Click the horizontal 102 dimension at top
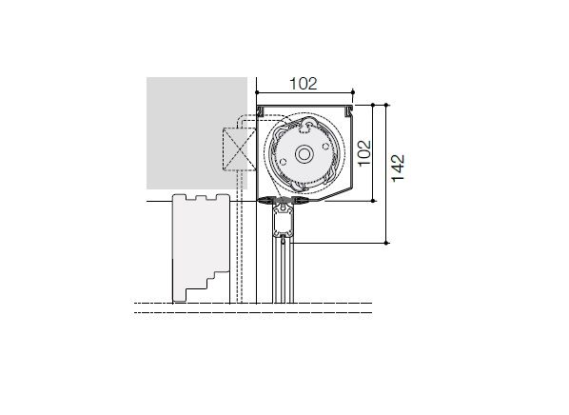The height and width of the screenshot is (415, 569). pos(304,84)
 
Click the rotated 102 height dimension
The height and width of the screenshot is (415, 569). pos(364,153)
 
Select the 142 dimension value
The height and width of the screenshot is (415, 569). pos(398,168)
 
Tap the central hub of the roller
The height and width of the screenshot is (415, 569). pos(304,154)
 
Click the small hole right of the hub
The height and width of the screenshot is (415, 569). pos(325,147)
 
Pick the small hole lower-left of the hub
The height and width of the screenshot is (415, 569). pos(284,162)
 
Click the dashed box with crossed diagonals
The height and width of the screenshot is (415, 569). pos(239,149)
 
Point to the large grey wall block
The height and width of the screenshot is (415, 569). pos(197,133)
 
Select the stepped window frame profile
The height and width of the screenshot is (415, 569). pos(201,247)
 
